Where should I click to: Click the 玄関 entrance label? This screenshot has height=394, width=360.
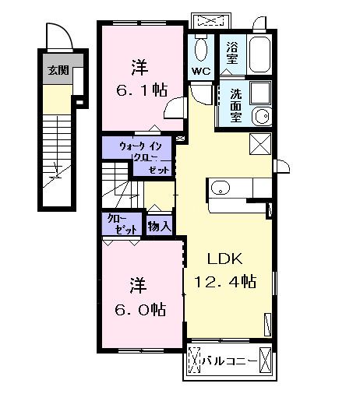coord(57,70)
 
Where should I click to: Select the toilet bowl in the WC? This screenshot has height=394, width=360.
coord(201,50)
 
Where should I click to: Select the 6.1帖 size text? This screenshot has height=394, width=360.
coord(140,90)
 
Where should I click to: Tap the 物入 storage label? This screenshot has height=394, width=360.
coord(160,227)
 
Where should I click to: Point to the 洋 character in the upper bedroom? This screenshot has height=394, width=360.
coord(139,65)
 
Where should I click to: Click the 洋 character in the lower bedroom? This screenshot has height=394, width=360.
coord(138,284)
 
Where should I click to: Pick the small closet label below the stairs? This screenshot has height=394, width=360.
coord(121,223)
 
